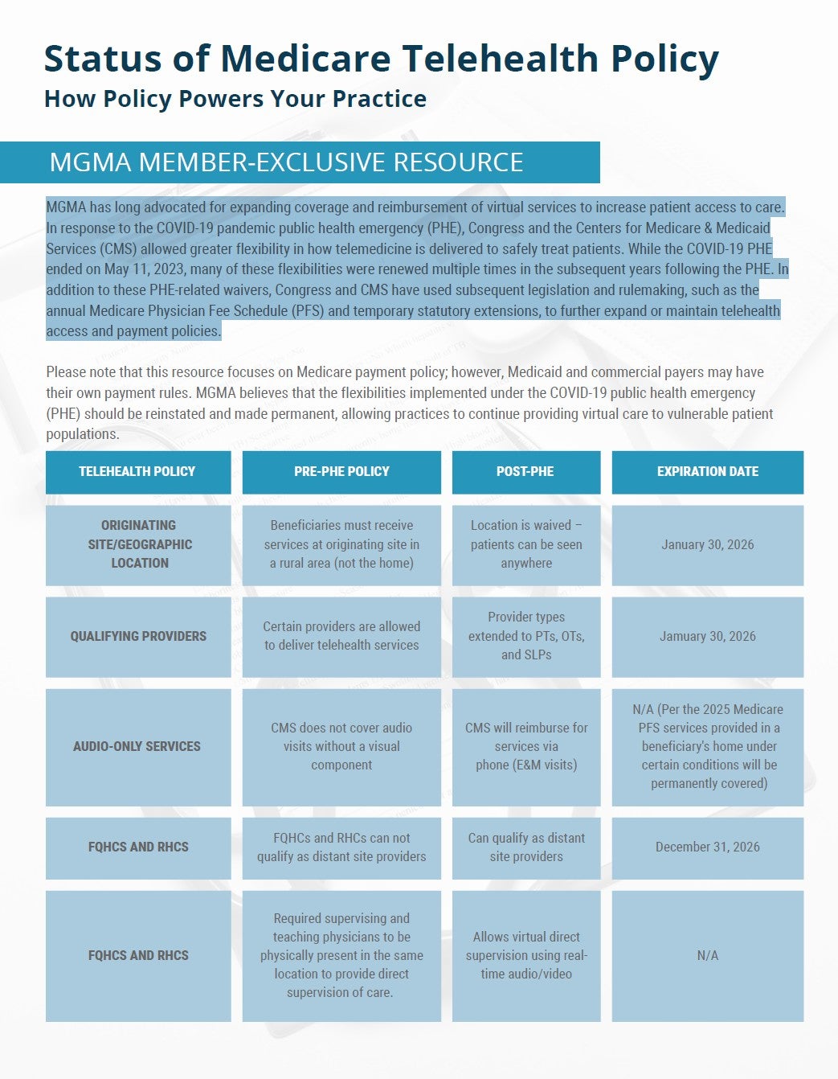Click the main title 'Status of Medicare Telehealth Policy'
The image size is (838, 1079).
[381, 59]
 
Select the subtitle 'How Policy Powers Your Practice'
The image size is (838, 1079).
[235, 99]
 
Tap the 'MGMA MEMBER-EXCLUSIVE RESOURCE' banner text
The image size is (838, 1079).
[286, 162]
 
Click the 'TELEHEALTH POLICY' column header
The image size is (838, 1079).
[137, 472]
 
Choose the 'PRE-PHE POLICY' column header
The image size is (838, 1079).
[341, 472]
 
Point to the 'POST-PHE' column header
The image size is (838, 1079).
[525, 472]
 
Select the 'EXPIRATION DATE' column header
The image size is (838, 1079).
[707, 472]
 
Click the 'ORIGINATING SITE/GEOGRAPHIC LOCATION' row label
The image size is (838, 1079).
[138, 544]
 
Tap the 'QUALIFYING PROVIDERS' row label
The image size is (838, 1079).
[138, 636]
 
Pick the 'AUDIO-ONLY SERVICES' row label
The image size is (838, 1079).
[137, 746]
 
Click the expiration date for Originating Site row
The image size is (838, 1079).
[707, 544]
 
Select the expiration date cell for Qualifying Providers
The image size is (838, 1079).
[707, 636]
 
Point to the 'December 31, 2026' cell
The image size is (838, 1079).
[707, 847]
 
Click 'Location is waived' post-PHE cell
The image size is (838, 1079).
[526, 544]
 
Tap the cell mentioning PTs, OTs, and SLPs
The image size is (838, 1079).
[526, 636]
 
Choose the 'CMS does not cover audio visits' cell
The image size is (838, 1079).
[341, 746]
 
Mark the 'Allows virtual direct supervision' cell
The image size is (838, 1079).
[526, 955]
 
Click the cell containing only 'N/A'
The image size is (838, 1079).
[707, 955]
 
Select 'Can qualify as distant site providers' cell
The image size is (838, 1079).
[526, 847]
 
